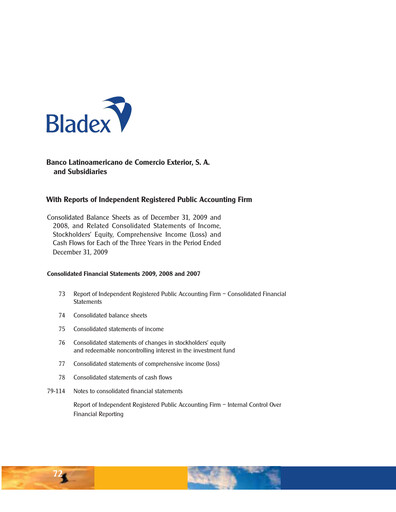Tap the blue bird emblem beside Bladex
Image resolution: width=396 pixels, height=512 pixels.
(121, 112)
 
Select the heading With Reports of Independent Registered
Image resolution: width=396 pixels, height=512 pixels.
(149, 200)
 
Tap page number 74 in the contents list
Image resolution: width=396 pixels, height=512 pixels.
(62, 314)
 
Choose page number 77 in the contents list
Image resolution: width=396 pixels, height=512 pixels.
(62, 365)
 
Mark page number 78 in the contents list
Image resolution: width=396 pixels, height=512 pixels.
(62, 379)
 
